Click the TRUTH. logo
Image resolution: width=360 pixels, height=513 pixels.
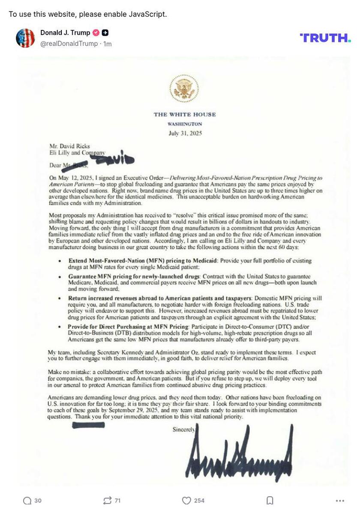(x=325, y=38)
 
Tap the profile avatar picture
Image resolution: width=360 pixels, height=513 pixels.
(x=25, y=38)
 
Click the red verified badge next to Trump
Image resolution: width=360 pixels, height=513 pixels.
(x=96, y=33)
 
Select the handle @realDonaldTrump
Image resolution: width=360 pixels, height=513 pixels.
(x=69, y=44)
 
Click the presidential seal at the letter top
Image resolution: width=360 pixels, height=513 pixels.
(x=184, y=88)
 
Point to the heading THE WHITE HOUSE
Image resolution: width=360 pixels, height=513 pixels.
(x=185, y=114)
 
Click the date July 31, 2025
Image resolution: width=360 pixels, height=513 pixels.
(x=185, y=133)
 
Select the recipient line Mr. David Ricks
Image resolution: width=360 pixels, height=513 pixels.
(x=69, y=146)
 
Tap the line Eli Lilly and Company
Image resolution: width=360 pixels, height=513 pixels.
(x=77, y=152)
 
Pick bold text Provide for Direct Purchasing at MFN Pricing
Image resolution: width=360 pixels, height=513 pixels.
(x=128, y=327)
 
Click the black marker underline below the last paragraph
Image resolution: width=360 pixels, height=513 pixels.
(x=88, y=425)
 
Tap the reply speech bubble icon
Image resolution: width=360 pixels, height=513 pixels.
(x=27, y=501)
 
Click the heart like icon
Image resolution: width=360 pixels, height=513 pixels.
(x=186, y=501)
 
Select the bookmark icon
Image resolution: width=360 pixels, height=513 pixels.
(x=270, y=501)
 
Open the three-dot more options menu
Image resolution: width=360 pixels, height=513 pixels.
(x=340, y=501)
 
